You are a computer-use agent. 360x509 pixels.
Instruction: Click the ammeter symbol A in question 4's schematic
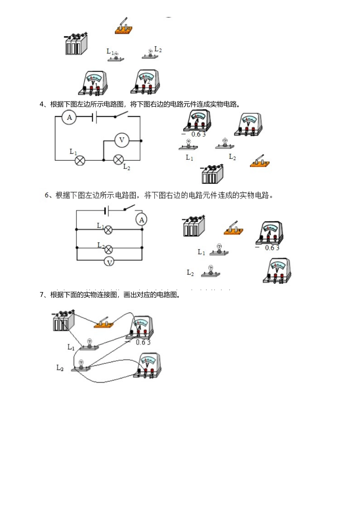(69, 117)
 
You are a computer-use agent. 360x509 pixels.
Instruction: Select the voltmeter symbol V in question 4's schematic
(122, 140)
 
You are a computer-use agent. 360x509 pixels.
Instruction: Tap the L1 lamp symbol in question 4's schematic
(80, 160)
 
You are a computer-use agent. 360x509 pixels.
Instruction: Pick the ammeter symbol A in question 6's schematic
(141, 220)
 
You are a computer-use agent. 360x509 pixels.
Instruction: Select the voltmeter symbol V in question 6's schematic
(109, 262)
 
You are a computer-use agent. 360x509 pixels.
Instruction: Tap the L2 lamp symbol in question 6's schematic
(109, 249)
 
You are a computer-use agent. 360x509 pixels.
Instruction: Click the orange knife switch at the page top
(124, 27)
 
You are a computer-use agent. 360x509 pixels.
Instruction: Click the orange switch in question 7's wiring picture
(104, 324)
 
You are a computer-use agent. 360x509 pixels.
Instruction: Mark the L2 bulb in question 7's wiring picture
(81, 365)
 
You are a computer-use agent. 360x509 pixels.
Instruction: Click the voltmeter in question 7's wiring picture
(148, 365)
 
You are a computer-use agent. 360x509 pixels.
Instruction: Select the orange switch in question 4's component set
(260, 162)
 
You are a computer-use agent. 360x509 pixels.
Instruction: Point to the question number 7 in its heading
(42, 295)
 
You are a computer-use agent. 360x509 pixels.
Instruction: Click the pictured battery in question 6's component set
(194, 226)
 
